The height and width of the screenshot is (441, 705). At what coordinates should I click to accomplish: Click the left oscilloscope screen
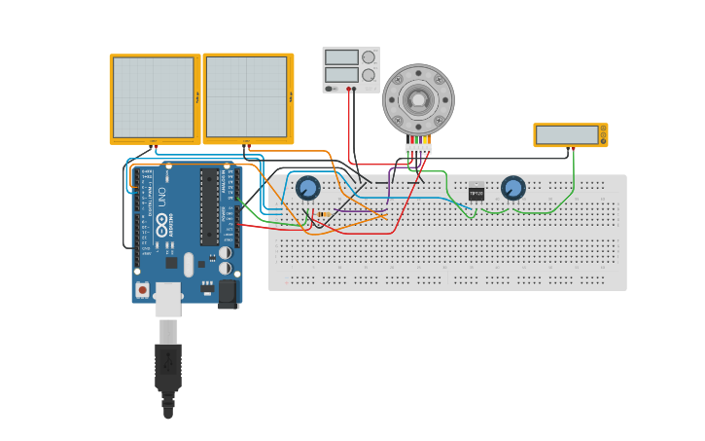pos(154,97)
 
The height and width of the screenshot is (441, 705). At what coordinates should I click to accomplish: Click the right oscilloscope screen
pos(246,97)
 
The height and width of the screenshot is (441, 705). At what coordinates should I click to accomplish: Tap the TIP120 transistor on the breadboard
pos(476,192)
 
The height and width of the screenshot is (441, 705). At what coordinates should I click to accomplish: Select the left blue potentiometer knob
pos(308,188)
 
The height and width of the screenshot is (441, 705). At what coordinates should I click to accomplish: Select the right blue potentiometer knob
pos(512,188)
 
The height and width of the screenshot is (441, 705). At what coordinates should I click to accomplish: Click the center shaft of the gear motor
pos(418,99)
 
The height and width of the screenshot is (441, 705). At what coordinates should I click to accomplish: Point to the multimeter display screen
pos(567,134)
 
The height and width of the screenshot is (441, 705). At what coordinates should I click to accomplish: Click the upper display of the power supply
pos(341,57)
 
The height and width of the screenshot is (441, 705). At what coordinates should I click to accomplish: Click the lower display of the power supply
pos(341,74)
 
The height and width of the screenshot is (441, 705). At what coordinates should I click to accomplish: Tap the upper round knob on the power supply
pos(369,57)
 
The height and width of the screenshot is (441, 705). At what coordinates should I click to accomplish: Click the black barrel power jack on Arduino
pos(228,291)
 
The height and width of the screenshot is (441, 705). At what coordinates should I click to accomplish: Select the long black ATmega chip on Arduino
pos(209,206)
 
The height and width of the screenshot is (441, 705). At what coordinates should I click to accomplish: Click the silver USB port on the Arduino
pos(168,299)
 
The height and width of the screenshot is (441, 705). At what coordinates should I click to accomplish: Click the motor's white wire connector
pos(418,149)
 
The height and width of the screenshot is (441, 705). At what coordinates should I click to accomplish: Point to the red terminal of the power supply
pos(348,89)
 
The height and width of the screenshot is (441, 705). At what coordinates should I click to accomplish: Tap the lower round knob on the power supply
pos(369,75)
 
